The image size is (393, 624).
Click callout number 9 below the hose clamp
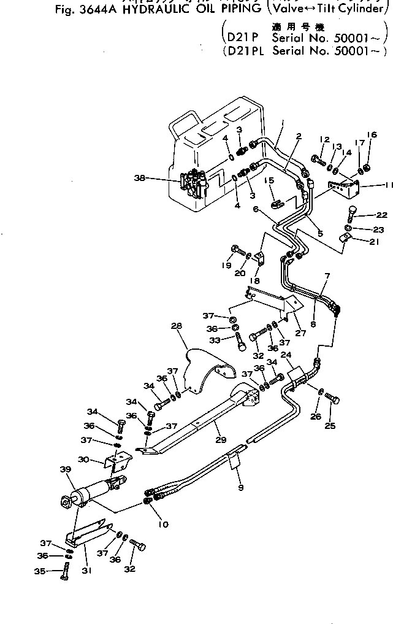click(x=241, y=488)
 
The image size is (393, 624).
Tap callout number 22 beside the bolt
click(x=381, y=215)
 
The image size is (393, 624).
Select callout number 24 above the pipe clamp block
click(x=286, y=354)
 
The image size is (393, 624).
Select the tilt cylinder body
click(x=92, y=491)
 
